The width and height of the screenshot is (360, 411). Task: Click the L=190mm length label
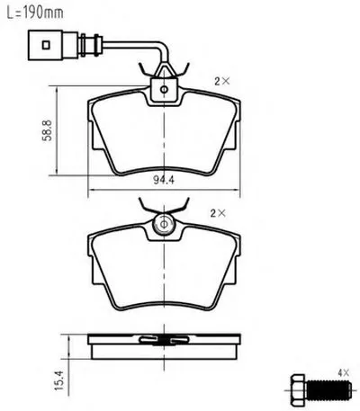(x=35, y=13)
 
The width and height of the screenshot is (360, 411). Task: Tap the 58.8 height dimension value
(x=47, y=130)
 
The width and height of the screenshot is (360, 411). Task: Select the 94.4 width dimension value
(x=164, y=180)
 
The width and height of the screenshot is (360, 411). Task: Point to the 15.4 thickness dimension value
(x=59, y=380)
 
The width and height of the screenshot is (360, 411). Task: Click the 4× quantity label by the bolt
(x=344, y=373)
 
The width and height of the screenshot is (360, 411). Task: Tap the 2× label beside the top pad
(x=222, y=81)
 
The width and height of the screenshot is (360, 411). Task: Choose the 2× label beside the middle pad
(x=218, y=213)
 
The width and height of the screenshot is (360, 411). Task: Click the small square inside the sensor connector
(x=46, y=45)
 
